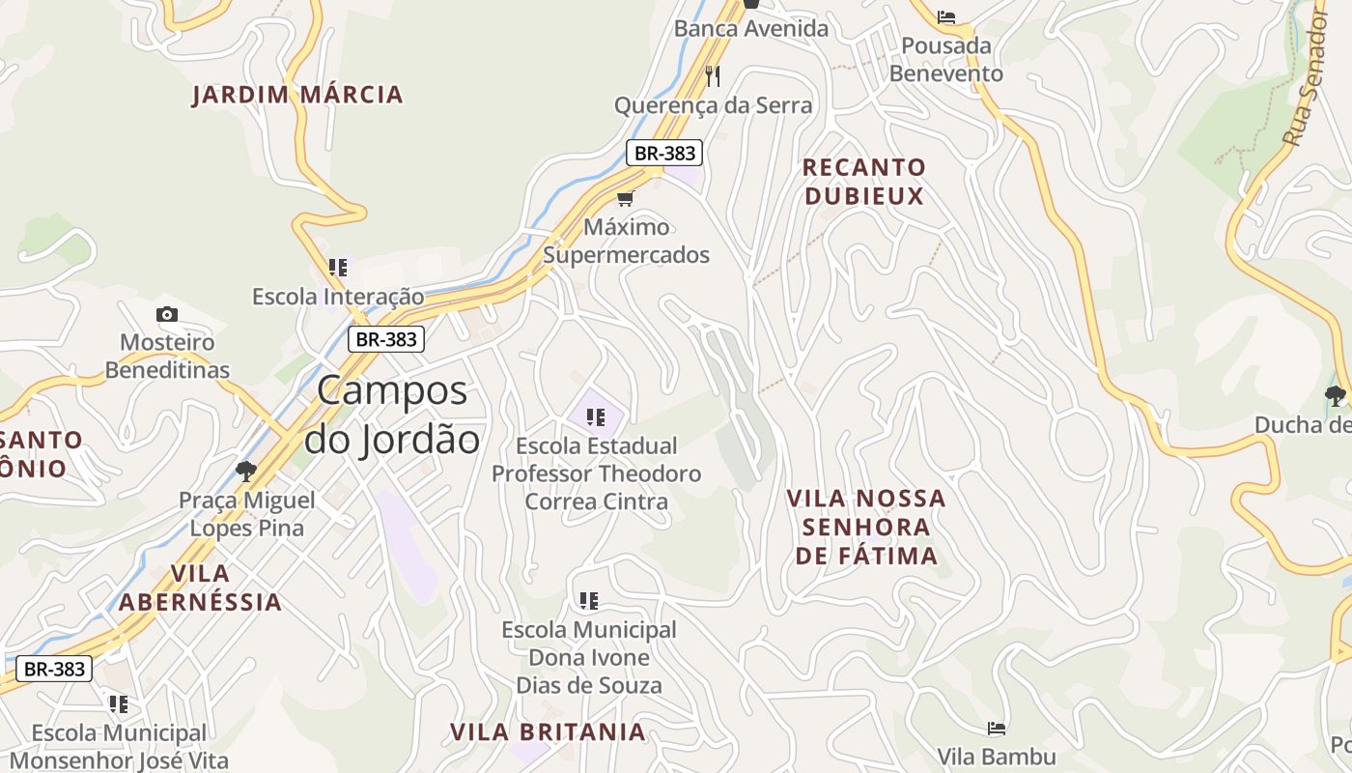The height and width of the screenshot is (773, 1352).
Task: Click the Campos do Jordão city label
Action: point(392,415)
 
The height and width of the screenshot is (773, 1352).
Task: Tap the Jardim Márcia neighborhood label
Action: point(297,95)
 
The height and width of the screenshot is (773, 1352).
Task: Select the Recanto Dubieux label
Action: point(863,182)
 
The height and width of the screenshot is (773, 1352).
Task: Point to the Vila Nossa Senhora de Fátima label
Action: point(865,527)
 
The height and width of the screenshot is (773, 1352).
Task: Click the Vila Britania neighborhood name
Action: point(548,731)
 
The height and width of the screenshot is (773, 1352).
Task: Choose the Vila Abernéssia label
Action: point(200,587)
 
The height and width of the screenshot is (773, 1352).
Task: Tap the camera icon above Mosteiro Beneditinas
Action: point(167,314)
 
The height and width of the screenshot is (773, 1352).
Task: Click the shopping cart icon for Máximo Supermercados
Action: point(625,199)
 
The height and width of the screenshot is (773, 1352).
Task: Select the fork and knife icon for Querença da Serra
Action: point(713,75)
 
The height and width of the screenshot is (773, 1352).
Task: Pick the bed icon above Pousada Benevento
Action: point(946,17)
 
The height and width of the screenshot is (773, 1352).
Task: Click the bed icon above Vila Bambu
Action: point(997,728)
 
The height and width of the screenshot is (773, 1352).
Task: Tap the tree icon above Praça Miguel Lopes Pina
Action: point(246,471)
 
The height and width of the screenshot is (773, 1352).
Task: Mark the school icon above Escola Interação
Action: point(337,268)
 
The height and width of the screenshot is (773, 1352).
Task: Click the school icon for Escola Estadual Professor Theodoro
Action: point(596,417)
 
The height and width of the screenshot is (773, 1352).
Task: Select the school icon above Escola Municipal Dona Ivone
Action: point(589,601)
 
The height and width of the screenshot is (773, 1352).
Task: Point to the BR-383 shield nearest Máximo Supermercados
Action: point(663,153)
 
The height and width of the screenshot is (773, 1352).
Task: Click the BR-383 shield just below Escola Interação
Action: point(386,339)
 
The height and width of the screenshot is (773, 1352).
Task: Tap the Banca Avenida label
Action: point(751,29)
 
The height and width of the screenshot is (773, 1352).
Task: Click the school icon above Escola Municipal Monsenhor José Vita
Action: point(119,704)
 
